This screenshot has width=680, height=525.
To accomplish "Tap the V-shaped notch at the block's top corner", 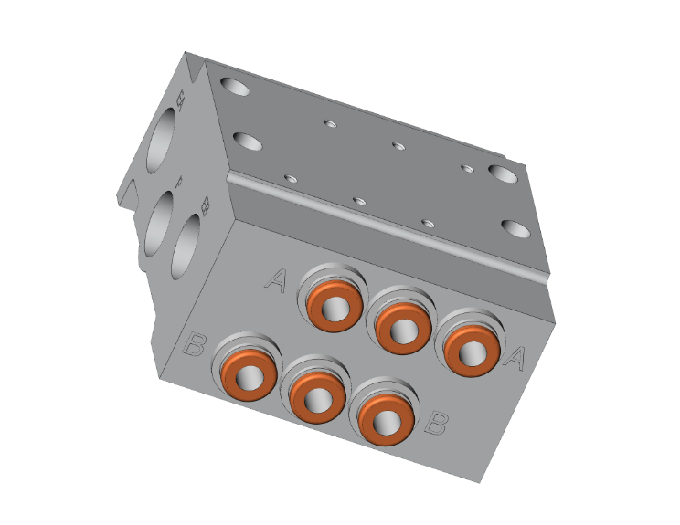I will (195, 67).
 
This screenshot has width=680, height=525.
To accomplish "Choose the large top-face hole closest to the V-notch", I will (235, 89).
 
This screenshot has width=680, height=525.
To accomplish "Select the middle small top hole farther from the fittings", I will (398, 144).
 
